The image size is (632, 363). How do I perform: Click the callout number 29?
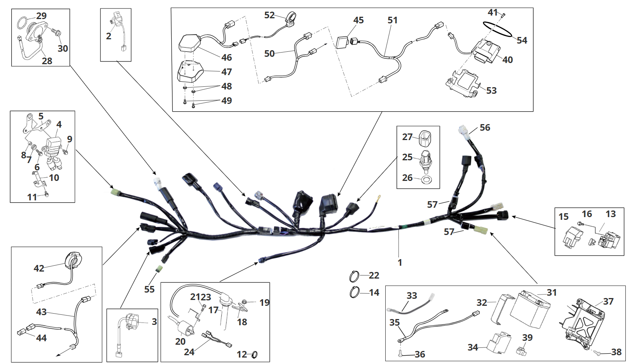coord(41,16)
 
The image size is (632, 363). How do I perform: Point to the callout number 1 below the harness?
coord(400,263)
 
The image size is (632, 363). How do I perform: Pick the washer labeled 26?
coord(427,179)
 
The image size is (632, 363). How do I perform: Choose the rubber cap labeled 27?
coord(425,137)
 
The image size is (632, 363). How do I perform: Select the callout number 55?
coord(149,289)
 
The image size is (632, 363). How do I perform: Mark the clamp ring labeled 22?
coord(354,277)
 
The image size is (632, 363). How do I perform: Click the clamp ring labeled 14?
coord(354,292)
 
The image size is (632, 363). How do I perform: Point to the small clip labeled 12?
coord(255,354)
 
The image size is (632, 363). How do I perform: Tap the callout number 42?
coord(39,268)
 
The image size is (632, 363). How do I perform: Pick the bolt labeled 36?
coord(400,354)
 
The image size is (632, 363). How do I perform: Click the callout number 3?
coord(154,322)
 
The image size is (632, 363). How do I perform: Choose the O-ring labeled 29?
coord(22,23)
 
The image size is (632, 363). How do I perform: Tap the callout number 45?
coord(358,20)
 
